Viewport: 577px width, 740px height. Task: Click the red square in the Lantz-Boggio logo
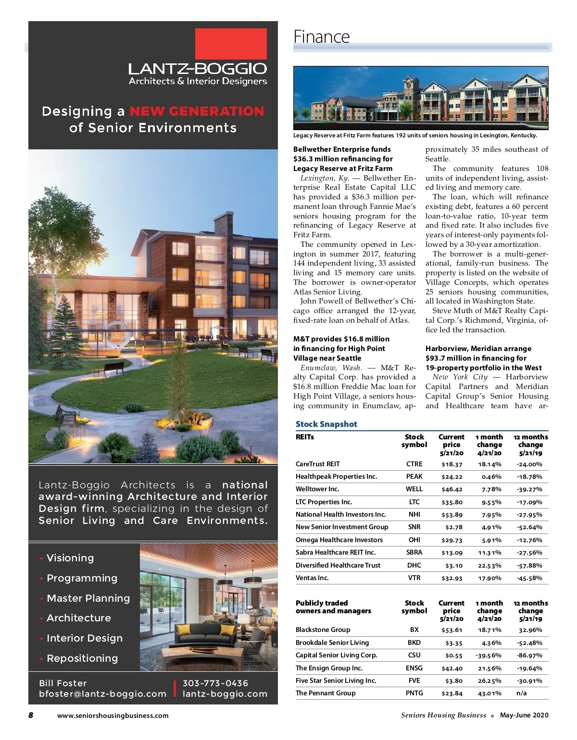pos(231,43)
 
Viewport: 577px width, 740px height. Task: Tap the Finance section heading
pos(322,37)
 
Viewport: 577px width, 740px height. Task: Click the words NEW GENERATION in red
pos(197,111)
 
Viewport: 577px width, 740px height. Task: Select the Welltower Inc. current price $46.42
pos(452,489)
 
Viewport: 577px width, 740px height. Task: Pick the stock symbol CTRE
pos(414,464)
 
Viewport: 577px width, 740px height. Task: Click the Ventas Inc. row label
pos(312,578)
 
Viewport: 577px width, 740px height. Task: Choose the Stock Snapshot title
pos(326,424)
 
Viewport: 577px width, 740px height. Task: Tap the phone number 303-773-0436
pos(215,683)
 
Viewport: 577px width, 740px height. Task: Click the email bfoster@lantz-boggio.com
pos(102,694)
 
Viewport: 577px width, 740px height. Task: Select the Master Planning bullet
pos(88,598)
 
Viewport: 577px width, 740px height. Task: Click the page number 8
pos(31,715)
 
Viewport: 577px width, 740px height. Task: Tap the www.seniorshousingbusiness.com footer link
pos(113,716)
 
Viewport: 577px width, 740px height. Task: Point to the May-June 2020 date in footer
pos(524,715)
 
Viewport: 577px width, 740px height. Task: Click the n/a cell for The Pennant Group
pos(522,693)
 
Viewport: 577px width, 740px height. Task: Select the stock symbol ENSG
pos(414,668)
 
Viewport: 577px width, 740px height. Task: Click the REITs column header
pos(305,437)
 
